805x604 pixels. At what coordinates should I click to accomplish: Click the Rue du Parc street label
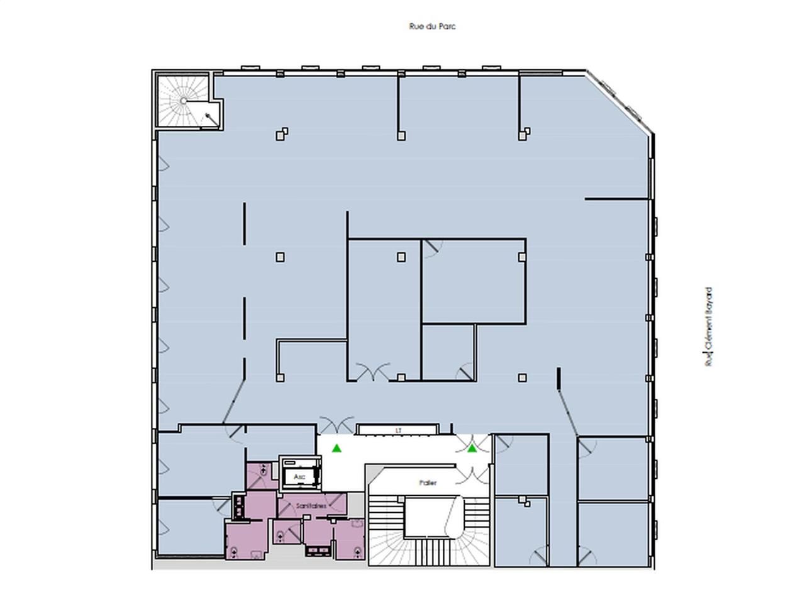432,26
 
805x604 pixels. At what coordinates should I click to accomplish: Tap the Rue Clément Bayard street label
709,327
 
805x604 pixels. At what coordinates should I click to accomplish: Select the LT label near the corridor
398,430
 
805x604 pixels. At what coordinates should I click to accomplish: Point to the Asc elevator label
299,478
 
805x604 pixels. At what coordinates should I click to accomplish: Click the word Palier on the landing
428,483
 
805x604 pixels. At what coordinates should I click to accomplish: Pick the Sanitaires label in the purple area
311,506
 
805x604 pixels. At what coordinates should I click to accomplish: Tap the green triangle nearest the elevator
337,448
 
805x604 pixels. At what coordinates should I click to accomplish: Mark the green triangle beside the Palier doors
472,448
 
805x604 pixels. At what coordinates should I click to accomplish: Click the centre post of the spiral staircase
183,101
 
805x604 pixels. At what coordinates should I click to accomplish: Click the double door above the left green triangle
337,425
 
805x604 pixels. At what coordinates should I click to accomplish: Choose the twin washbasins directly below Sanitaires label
318,551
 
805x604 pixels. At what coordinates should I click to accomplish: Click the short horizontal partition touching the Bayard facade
616,199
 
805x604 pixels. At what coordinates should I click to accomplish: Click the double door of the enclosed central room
372,372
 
